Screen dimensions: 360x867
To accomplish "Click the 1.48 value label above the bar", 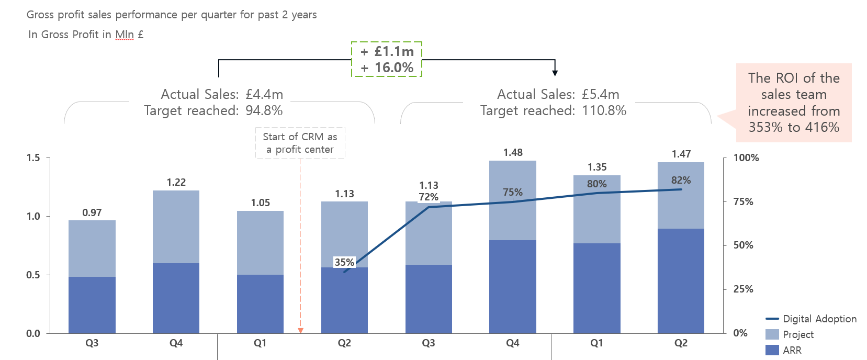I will pyautogui.click(x=513, y=152).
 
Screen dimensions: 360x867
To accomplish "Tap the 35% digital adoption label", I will pyautogui.click(x=344, y=262).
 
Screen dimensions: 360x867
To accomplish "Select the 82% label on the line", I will pyautogui.click(x=681, y=180).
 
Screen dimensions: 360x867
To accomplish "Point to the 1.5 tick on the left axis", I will pyautogui.click(x=33, y=157).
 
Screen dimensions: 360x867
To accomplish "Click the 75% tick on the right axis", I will pyautogui.click(x=743, y=201).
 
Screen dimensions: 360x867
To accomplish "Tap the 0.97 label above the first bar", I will pyautogui.click(x=92, y=212).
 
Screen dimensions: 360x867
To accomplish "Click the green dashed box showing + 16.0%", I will pyautogui.click(x=387, y=60).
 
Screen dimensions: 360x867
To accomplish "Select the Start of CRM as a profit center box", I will pyautogui.click(x=300, y=143).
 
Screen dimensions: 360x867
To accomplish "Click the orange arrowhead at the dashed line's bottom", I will pyautogui.click(x=300, y=330).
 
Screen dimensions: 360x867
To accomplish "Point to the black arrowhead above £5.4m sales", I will pyautogui.click(x=555, y=73).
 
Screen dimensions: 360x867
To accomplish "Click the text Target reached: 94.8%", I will pyautogui.click(x=213, y=110).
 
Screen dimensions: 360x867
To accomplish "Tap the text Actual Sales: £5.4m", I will pyautogui.click(x=558, y=94).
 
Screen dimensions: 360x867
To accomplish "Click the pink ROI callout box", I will pyautogui.click(x=794, y=103).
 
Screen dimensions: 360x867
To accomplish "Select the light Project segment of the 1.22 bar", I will pyautogui.click(x=176, y=227).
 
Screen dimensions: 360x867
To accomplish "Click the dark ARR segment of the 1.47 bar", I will pyautogui.click(x=681, y=280).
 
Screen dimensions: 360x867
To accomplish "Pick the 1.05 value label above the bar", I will pyautogui.click(x=260, y=203).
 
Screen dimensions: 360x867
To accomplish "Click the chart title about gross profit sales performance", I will pyautogui.click(x=172, y=15).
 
